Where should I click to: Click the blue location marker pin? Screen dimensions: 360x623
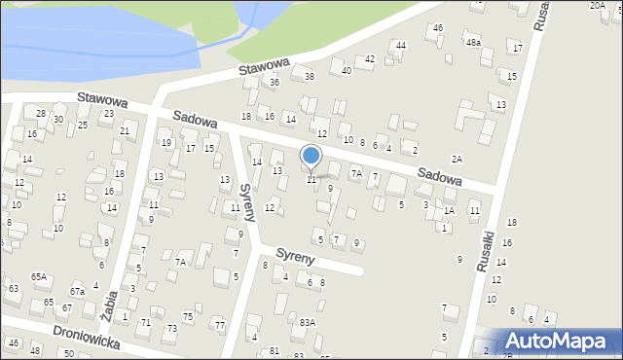pos(311,157)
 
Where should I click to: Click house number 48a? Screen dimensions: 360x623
pos(473,43)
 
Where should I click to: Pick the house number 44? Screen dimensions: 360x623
pos(401,46)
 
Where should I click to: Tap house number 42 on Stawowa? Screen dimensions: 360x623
pos(370,59)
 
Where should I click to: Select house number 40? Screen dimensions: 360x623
pos(347,70)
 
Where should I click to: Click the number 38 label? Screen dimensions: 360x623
pos(310,76)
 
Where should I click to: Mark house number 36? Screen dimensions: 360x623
pos(275,83)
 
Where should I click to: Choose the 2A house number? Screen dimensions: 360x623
pos(456,159)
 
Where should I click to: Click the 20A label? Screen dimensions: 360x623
pos(597,6)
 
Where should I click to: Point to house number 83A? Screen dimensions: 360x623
pos(308,322)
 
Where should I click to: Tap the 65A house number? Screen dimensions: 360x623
pos(38,277)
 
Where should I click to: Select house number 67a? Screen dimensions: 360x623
pos(77,291)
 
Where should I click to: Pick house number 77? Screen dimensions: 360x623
pos(220,324)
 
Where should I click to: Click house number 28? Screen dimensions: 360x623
pos(41,114)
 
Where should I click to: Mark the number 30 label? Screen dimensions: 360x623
pos(58,120)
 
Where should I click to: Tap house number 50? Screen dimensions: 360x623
pos(69,352)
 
